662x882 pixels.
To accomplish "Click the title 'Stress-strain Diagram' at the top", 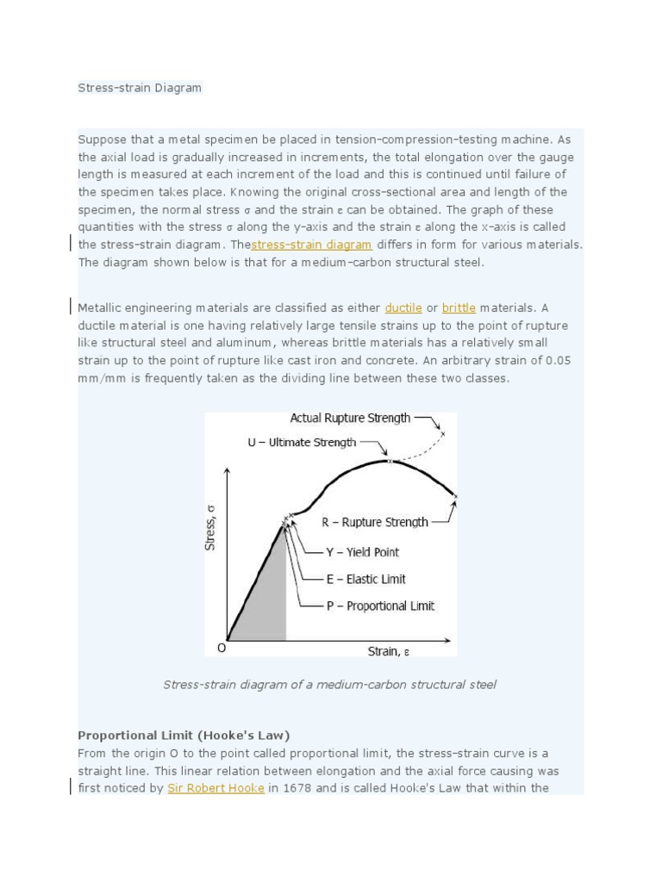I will point(140,88).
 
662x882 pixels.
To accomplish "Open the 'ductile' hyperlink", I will point(403,307).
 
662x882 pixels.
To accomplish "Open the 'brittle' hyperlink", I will point(459,307).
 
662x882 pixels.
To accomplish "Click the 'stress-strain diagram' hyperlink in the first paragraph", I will point(311,245).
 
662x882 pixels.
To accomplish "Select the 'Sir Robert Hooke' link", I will point(215,787).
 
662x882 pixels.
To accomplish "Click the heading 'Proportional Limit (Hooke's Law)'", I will point(184,735).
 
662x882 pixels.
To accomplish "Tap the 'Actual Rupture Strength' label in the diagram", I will point(350,418).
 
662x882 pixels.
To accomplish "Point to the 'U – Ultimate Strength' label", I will point(302,442).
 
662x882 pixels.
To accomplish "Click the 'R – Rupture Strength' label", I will point(375,522).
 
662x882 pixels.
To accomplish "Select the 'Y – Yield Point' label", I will point(362,552).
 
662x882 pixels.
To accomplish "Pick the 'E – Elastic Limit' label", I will point(365,579).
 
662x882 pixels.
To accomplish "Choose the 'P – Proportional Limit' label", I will point(380,606).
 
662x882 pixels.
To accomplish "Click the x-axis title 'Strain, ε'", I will point(389,651).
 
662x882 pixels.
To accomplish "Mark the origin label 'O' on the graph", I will point(222,648).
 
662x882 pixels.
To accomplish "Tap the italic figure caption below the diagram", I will point(329,685).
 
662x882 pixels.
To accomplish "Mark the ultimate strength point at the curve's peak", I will point(390,462).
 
